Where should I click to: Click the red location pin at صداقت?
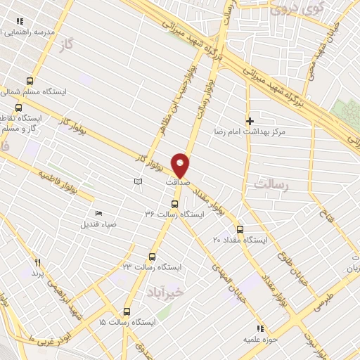[181, 165]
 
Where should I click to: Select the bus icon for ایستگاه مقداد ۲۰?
[240, 229]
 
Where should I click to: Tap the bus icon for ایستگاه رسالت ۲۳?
[153, 257]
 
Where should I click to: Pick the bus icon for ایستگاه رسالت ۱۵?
[127, 311]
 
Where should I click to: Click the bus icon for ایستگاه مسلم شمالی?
[30, 81]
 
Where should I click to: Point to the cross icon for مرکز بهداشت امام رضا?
[250, 121]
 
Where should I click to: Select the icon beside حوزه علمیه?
[259, 328]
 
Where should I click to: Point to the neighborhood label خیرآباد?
[165, 290]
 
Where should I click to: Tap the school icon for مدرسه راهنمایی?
[20, 22]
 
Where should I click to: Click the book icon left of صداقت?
[138, 182]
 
